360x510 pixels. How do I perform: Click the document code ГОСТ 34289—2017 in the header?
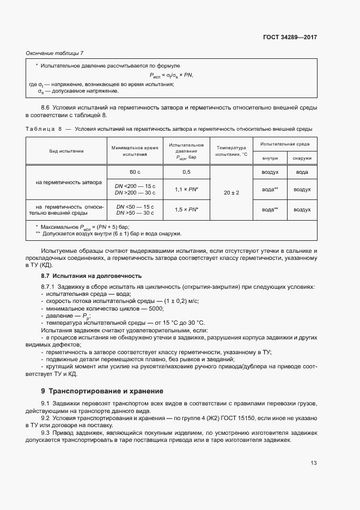point(289,38)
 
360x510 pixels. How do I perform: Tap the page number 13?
point(313,463)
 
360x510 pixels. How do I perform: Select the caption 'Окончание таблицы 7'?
point(54,53)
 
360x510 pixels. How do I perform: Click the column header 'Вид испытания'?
point(66,151)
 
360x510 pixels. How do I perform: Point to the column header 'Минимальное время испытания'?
point(135,151)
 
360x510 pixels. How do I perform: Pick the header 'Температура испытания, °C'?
point(231,151)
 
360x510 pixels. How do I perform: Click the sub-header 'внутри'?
point(270,158)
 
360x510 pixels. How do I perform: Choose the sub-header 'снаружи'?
point(302,158)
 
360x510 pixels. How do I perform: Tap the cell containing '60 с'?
point(135,172)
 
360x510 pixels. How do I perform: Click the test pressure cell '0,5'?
point(186,172)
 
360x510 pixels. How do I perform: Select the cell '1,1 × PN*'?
point(186,190)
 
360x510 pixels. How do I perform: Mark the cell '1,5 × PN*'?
point(186,210)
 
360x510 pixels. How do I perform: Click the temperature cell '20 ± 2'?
point(231,193)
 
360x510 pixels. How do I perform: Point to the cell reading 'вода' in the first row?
point(302,172)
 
